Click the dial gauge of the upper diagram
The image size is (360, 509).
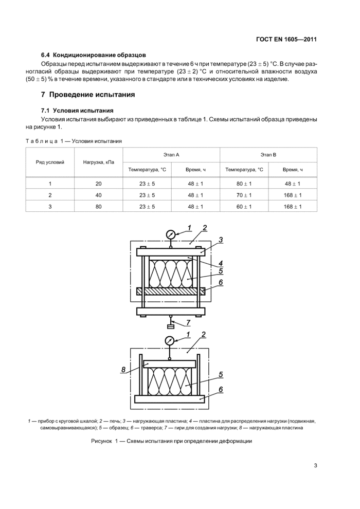point(171,234)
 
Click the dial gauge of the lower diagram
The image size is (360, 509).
point(170,340)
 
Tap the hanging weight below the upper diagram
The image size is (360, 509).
point(171,325)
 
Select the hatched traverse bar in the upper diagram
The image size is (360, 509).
point(170,291)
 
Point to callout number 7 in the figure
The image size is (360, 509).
point(188,322)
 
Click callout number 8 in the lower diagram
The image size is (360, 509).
point(123,369)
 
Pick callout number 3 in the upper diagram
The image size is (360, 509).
point(220,240)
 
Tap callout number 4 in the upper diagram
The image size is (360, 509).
point(220,262)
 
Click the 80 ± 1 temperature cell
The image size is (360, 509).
point(244,184)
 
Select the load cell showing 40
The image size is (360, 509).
point(99,195)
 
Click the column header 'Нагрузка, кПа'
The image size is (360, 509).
point(99,162)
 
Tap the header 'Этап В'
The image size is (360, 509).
point(268,154)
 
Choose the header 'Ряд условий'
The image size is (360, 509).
point(50,162)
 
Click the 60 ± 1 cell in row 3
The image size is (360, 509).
point(244,207)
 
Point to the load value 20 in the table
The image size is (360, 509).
point(99,184)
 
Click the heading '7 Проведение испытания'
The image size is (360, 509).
point(88,95)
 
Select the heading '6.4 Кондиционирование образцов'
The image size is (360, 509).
point(94,54)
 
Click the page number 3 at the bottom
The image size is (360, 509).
point(315,466)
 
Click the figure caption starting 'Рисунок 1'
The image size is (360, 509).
point(171,441)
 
